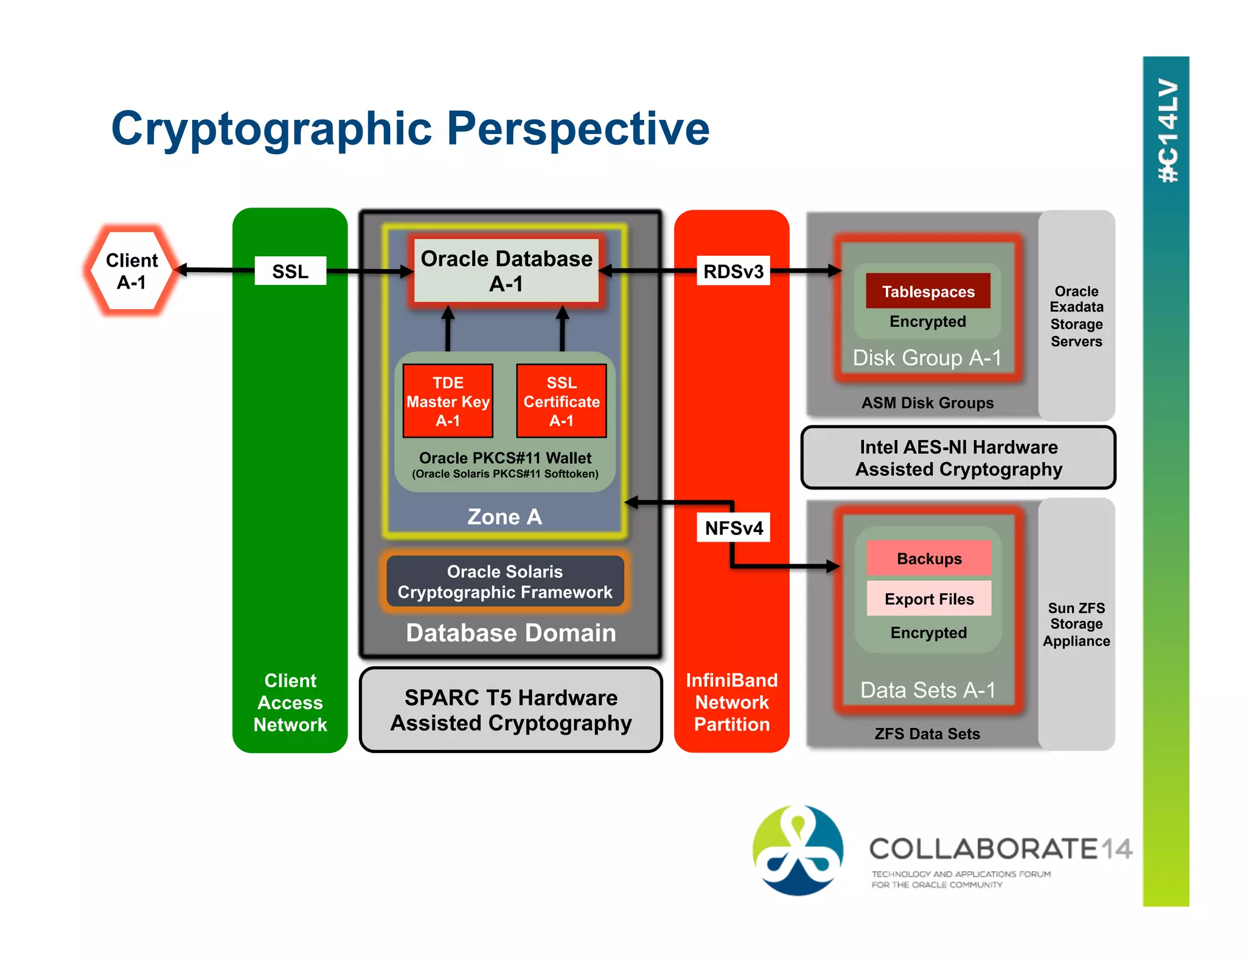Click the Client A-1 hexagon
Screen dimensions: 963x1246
click(132, 271)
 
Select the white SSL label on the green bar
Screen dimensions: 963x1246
click(290, 271)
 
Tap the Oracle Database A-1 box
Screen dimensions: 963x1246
click(506, 271)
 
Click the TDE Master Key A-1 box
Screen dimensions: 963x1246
click(448, 401)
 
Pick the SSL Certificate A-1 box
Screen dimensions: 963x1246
click(562, 401)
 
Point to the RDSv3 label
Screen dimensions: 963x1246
click(733, 271)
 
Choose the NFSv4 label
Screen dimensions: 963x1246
click(733, 528)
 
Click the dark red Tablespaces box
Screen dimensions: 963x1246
click(928, 292)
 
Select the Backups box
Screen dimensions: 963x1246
click(929, 558)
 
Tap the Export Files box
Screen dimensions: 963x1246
click(929, 599)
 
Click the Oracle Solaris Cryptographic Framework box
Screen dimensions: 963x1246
click(505, 581)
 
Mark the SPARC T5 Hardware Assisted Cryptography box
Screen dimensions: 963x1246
click(511, 710)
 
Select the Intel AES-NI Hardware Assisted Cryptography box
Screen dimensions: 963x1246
click(958, 458)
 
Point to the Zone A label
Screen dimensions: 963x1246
click(504, 517)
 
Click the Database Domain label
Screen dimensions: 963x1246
click(511, 633)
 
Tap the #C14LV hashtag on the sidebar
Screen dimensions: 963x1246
click(1167, 131)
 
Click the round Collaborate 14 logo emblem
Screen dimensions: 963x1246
click(798, 850)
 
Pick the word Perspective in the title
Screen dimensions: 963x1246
click(578, 129)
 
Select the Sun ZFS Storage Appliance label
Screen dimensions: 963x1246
click(1076, 625)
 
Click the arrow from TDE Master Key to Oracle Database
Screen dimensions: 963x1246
click(448, 329)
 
